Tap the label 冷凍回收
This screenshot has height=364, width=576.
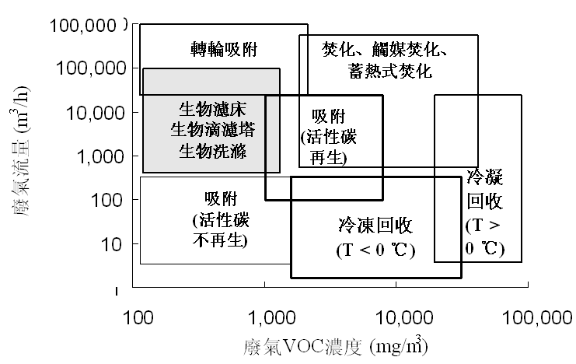(375, 227)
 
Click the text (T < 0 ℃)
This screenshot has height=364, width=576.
(375, 251)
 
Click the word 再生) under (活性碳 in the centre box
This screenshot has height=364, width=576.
(324, 159)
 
